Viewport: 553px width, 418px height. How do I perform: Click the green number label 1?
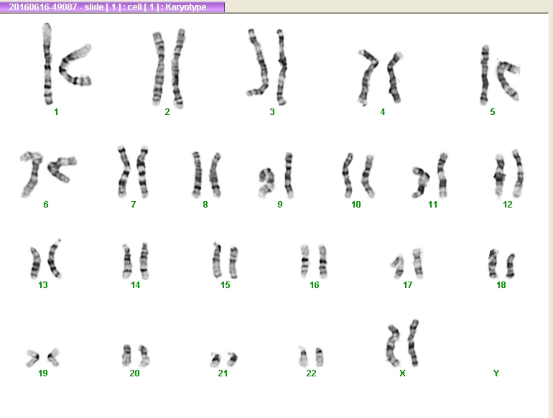click(56, 112)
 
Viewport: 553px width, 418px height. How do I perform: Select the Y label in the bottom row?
click(496, 373)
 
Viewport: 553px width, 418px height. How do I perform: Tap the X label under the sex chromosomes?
click(402, 373)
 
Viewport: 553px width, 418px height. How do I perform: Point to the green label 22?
click(311, 373)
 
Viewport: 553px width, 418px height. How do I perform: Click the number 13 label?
click(43, 284)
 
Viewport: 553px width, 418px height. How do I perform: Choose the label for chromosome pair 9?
click(280, 204)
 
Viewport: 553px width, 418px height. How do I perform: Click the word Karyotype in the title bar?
click(185, 7)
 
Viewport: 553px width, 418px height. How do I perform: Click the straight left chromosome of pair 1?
click(47, 63)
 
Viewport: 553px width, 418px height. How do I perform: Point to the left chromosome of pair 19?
click(33, 358)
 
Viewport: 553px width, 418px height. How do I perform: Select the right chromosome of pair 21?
click(233, 358)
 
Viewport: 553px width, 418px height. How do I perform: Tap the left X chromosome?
click(392, 345)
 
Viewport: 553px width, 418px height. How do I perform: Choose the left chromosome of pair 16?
click(305, 261)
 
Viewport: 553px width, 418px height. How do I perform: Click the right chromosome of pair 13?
click(54, 259)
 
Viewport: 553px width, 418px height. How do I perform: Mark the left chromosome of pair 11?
click(422, 182)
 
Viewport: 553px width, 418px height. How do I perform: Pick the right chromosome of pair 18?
click(511, 266)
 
